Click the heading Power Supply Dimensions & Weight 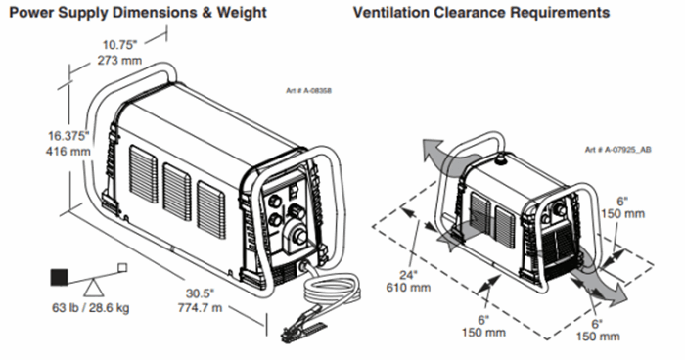[x=138, y=13]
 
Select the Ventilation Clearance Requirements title [x=481, y=13]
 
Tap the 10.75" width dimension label [x=119, y=45]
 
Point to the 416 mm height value [x=68, y=152]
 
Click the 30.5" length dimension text [x=200, y=292]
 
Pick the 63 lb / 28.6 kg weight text [x=91, y=308]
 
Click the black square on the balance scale [x=60, y=277]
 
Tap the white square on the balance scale [x=122, y=267]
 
